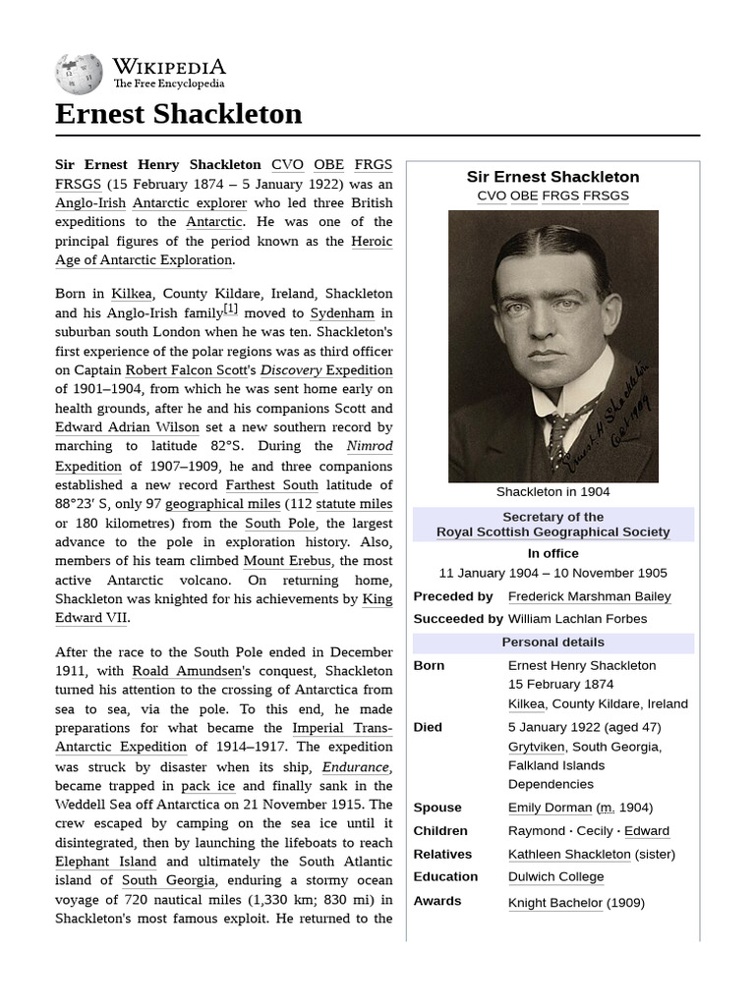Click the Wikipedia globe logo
(x=79, y=73)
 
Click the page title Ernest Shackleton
(x=178, y=114)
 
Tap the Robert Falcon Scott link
(x=191, y=370)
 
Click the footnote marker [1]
(x=230, y=309)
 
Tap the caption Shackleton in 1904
(x=552, y=492)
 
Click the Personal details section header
(x=552, y=643)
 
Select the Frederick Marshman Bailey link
(x=589, y=596)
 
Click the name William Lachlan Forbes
(x=577, y=619)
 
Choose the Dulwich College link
(x=555, y=877)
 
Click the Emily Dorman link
(x=550, y=808)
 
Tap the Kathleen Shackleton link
(x=569, y=854)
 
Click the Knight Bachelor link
(x=555, y=903)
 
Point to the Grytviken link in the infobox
(x=536, y=747)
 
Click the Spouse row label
(x=436, y=808)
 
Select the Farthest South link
(x=271, y=485)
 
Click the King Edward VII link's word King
(x=377, y=599)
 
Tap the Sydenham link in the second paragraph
(x=342, y=313)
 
